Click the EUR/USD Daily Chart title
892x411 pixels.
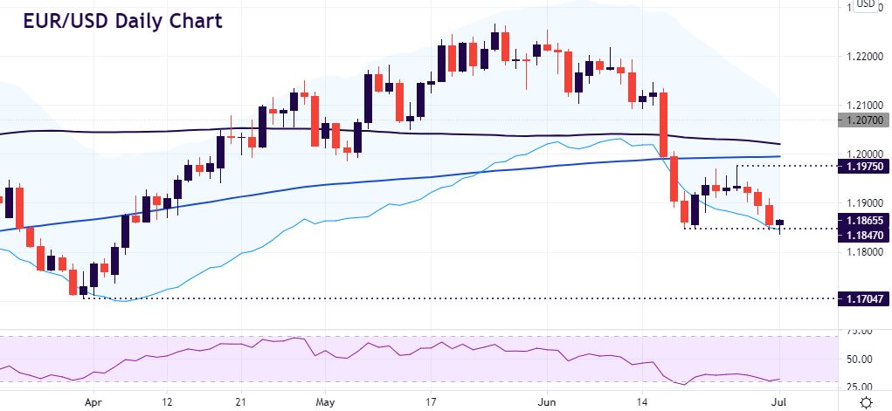tap(122, 20)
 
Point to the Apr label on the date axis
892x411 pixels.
tap(92, 403)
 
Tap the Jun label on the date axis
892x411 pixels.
tap(546, 403)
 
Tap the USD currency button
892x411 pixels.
tap(865, 4)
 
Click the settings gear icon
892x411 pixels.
tap(866, 402)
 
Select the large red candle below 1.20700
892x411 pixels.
tap(664, 123)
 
